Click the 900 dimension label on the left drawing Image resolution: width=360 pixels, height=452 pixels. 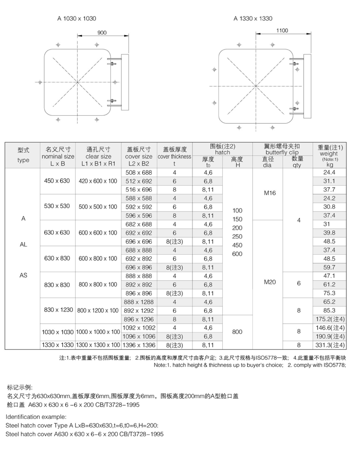point(102,33)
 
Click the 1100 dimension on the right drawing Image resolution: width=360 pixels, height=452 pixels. point(282,30)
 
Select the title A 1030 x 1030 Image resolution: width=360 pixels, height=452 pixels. point(77,19)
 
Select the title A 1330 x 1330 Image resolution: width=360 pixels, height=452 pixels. point(253,19)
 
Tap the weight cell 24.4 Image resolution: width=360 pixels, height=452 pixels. point(329,172)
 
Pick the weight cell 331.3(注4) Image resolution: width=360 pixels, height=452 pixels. point(329,345)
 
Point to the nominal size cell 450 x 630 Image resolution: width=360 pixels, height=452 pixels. point(57,180)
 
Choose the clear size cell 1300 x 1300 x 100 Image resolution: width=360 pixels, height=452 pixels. point(98,345)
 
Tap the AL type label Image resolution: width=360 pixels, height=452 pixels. point(24,244)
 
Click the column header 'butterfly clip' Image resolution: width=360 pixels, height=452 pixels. point(282,152)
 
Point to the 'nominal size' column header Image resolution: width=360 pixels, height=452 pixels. point(58,156)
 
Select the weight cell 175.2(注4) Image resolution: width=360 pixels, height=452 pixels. point(329,319)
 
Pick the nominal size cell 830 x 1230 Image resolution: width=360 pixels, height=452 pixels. point(57,310)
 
